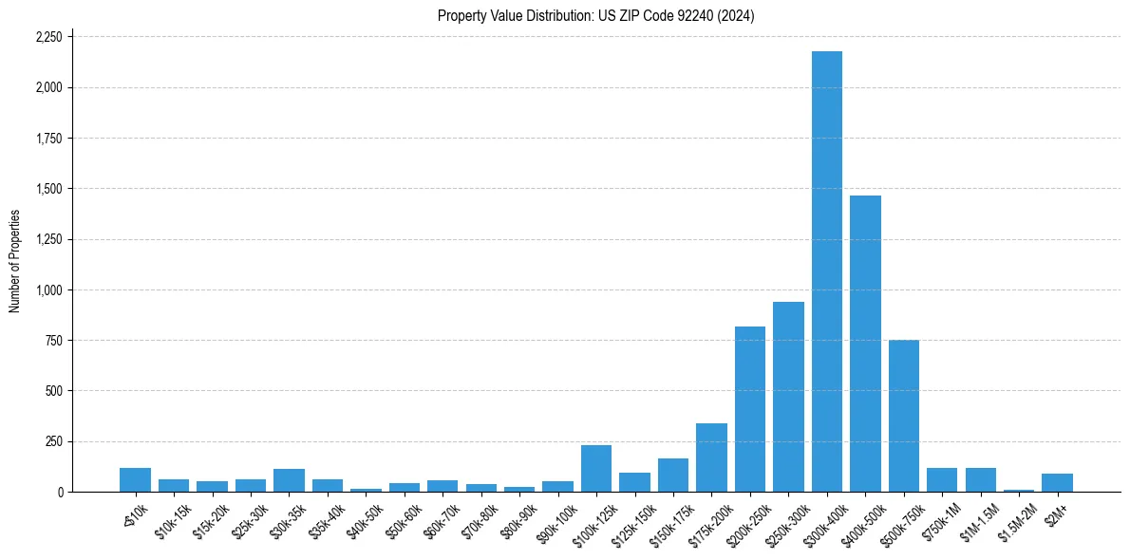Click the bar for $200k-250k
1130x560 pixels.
[x=750, y=409]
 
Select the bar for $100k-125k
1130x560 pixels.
[x=596, y=469]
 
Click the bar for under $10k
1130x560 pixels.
[x=135, y=480]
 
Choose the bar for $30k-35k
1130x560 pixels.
[x=289, y=480]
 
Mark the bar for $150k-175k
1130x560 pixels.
[x=673, y=476]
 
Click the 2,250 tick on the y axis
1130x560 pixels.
[x=48, y=37]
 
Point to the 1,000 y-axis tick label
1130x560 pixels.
[x=48, y=289]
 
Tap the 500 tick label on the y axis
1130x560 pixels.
[x=54, y=391]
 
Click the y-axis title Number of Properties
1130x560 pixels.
[x=14, y=262]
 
